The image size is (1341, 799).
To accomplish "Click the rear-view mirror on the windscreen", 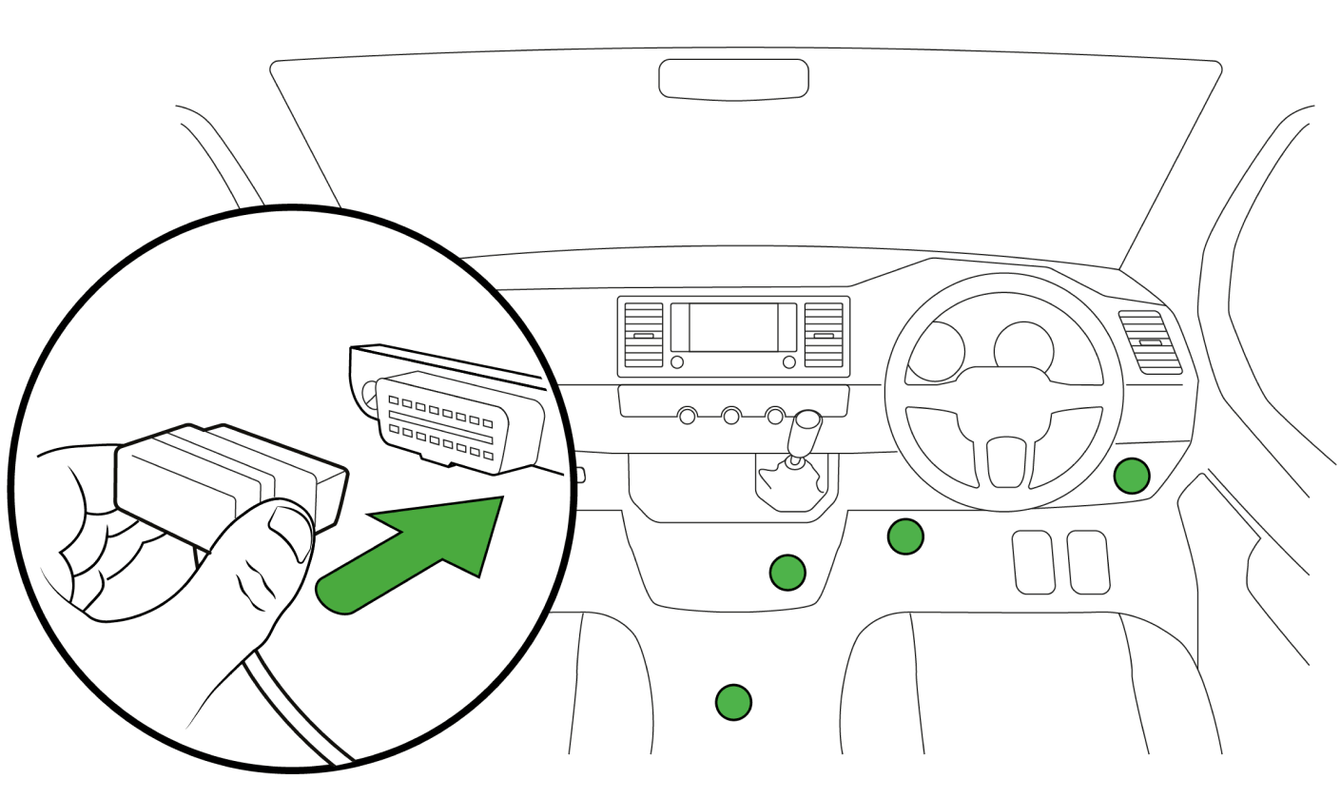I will click(x=733, y=78).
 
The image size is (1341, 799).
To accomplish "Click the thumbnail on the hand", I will click(x=290, y=524).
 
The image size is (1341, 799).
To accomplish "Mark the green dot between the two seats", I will click(x=733, y=702).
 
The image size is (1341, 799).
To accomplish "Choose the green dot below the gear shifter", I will click(x=787, y=572).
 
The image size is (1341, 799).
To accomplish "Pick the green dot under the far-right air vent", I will click(x=1132, y=475).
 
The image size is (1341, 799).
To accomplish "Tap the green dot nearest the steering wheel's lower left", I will click(x=905, y=536).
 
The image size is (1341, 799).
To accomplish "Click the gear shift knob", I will click(x=807, y=424).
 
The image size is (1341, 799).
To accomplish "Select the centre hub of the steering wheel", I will click(x=1005, y=458).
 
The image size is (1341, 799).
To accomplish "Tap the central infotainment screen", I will click(x=733, y=327).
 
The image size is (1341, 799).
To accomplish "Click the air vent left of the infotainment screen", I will click(x=644, y=335).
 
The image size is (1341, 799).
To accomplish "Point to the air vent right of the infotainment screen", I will click(x=824, y=335).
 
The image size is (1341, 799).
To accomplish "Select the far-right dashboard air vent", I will click(x=1149, y=342).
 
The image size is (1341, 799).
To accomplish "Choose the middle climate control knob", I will click(x=731, y=416).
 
